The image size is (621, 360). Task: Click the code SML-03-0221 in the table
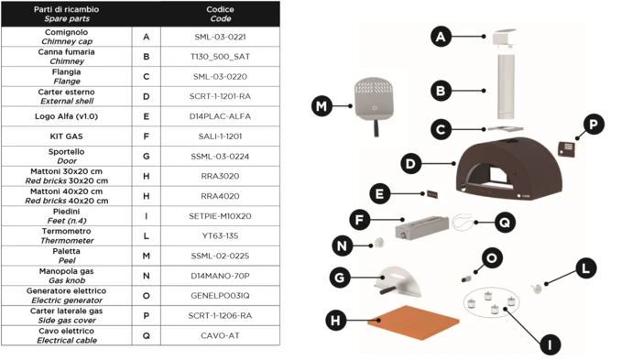pyautogui.click(x=220, y=37)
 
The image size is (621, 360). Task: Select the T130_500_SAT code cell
pyautogui.click(x=220, y=57)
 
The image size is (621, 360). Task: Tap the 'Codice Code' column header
pyautogui.click(x=220, y=14)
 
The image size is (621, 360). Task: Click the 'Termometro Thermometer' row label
pyautogui.click(x=67, y=235)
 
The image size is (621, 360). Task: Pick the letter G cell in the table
pyautogui.click(x=147, y=156)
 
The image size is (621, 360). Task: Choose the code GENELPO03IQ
pyautogui.click(x=220, y=296)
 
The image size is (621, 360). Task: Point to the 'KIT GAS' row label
pyautogui.click(x=67, y=136)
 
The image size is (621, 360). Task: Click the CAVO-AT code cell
pyautogui.click(x=220, y=335)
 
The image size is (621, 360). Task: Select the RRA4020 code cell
pyautogui.click(x=220, y=196)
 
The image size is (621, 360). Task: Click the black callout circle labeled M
pyautogui.click(x=321, y=106)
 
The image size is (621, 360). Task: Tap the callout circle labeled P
pyautogui.click(x=594, y=125)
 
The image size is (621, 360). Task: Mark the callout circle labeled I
pyautogui.click(x=550, y=344)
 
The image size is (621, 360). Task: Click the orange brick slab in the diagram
pyautogui.click(x=413, y=322)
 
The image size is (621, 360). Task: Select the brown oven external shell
pyautogui.click(x=509, y=167)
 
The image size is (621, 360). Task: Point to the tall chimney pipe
pyautogui.click(x=506, y=87)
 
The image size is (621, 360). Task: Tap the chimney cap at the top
pyautogui.click(x=504, y=38)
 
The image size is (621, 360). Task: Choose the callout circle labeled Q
pyautogui.click(x=505, y=223)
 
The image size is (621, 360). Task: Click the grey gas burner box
pyautogui.click(x=422, y=227)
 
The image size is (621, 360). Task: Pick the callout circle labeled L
pyautogui.click(x=586, y=268)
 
